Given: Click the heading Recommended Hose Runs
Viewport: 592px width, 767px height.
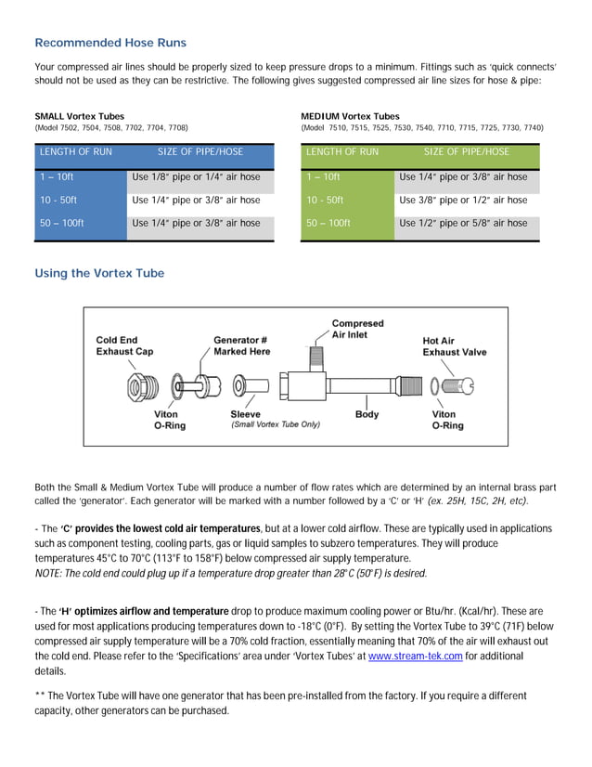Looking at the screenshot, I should click(x=109, y=43).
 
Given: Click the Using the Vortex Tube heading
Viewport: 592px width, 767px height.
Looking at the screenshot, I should click(x=99, y=273).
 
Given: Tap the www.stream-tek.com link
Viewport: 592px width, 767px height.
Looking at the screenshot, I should click(x=416, y=656).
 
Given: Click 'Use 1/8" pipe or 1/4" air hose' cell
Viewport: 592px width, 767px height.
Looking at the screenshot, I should click(x=196, y=177).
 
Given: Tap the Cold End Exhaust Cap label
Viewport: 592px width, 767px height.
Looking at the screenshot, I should click(x=124, y=345).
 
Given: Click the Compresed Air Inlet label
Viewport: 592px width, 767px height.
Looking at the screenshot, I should click(x=357, y=329).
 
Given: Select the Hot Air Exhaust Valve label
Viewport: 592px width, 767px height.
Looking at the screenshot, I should click(x=454, y=346).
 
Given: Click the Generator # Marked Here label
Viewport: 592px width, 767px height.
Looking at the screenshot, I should click(x=241, y=345).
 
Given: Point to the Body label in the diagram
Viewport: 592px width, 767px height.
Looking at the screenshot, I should click(x=367, y=414).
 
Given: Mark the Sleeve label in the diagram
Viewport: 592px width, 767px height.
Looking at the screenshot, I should click(x=245, y=414).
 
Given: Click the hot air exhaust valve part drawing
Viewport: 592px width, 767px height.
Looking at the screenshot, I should click(x=458, y=384).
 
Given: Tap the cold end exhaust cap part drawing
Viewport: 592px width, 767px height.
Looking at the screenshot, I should click(x=136, y=386).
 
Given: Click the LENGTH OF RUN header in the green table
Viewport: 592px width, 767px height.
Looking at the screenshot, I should click(x=341, y=152).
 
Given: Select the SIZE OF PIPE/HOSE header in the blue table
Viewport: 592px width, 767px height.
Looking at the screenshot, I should click(x=200, y=152).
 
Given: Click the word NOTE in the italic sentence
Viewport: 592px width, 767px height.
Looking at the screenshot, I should click(x=47, y=574).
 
